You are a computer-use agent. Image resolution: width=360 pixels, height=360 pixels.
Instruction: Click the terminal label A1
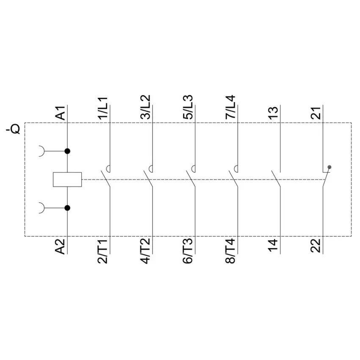[61, 113]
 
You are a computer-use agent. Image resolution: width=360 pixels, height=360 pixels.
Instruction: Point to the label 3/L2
[146, 107]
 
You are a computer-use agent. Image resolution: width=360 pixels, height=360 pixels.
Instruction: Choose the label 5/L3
[188, 107]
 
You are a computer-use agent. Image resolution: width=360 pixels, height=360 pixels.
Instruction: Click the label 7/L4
[230, 107]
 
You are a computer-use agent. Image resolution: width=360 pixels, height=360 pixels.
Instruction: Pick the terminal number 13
[273, 113]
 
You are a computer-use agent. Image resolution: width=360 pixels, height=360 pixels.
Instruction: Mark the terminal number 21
[316, 113]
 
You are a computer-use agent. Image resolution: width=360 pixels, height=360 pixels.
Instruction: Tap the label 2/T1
[103, 251]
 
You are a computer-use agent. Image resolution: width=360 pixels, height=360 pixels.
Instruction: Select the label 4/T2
[146, 251]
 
